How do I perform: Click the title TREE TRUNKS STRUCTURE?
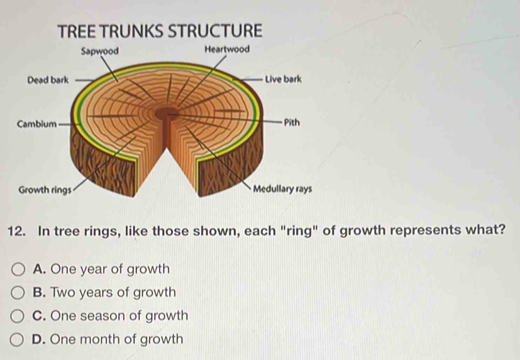[158, 30]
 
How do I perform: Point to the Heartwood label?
[227, 49]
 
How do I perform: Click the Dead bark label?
[47, 80]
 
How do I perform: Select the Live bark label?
[283, 79]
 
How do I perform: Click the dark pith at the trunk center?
[167, 113]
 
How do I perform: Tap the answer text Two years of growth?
[114, 292]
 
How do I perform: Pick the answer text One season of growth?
[120, 315]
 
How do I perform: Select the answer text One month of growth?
[118, 339]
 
